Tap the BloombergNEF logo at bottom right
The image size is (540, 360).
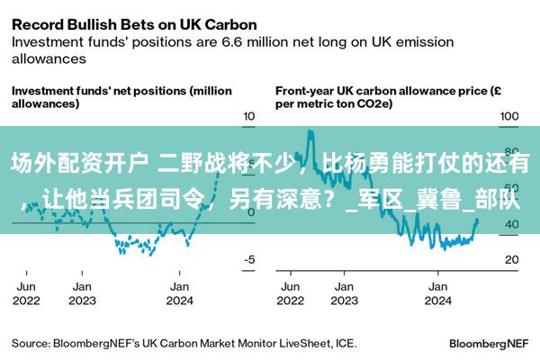point(489,343)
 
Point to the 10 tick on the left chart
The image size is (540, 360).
point(250,117)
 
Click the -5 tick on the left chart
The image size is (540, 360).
point(250,259)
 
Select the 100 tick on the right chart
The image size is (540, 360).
point(509,117)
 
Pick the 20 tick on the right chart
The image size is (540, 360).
point(510,259)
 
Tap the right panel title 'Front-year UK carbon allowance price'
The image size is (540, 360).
point(382,97)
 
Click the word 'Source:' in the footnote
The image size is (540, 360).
point(31,343)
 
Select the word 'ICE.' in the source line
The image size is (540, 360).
point(346,343)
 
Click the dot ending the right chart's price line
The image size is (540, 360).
point(476,221)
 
